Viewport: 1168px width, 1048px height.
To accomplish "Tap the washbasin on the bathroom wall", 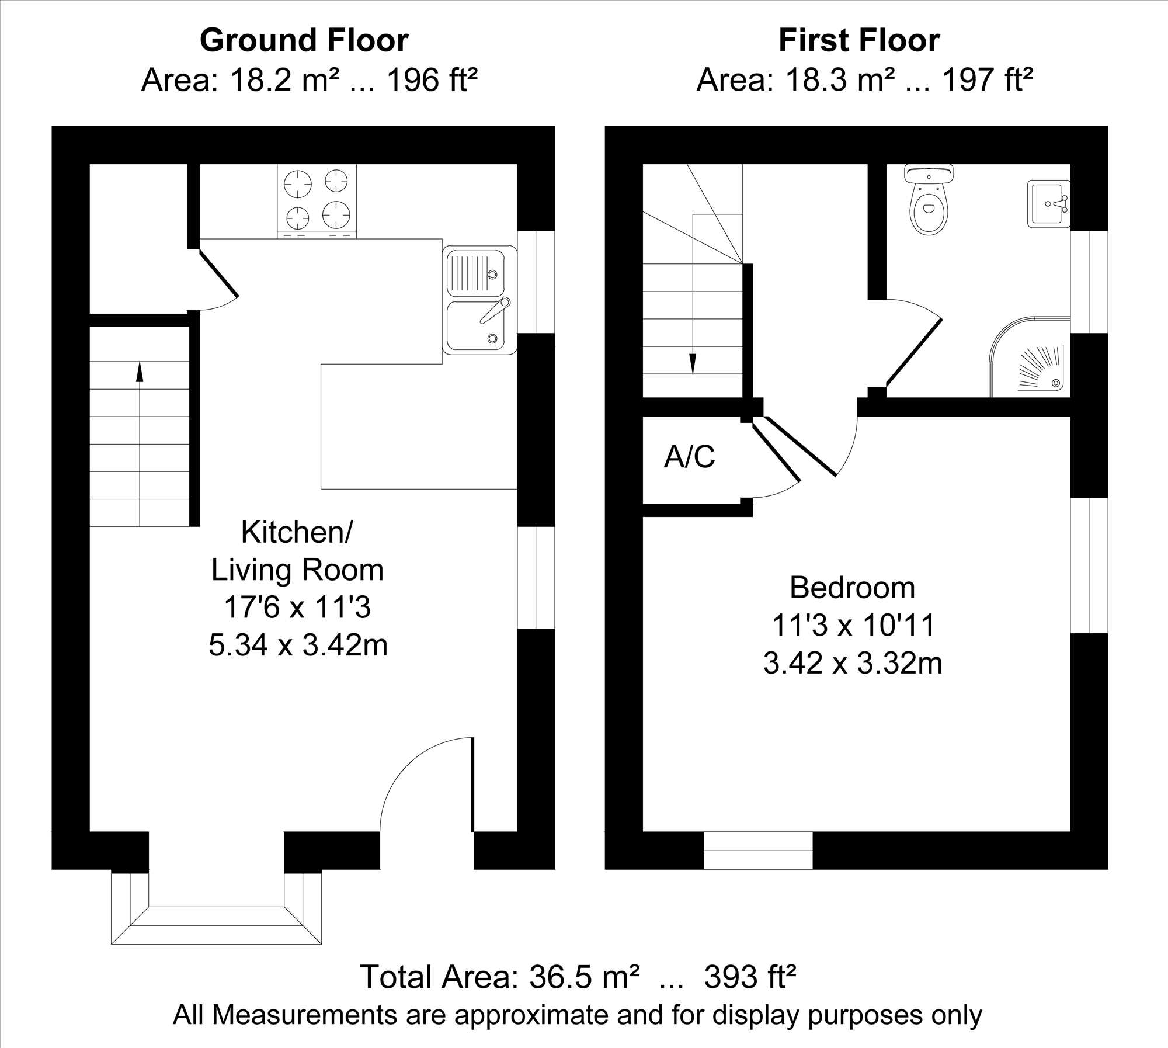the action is tap(1048, 204).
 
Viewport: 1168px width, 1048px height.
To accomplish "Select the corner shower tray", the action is tap(1030, 358).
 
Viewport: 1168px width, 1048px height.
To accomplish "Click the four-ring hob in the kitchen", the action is tap(317, 201).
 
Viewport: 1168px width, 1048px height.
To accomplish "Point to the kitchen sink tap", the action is tap(495, 310).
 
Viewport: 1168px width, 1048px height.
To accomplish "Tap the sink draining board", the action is tap(475, 273).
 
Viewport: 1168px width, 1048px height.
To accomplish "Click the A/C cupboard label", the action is tap(689, 457).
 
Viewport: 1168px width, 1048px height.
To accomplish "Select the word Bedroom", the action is tap(852, 588).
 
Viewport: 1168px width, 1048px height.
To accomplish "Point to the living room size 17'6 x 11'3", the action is tap(297, 608).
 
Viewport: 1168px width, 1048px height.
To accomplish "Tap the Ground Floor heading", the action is tap(304, 40).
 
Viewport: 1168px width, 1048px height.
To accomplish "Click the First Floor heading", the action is tap(859, 40).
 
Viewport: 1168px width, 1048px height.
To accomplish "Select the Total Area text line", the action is tap(578, 977).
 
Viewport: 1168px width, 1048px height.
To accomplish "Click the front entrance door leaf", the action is tap(472, 784).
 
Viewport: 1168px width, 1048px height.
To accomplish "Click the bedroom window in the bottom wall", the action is tap(758, 851).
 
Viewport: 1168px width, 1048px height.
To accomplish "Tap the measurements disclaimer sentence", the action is tap(578, 1015).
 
